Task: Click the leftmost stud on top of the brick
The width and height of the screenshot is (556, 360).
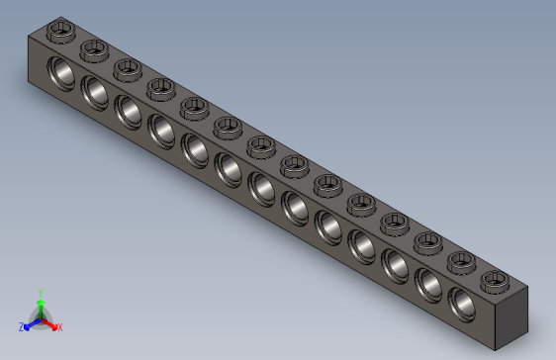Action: click(x=62, y=30)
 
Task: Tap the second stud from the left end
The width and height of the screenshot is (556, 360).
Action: click(x=95, y=48)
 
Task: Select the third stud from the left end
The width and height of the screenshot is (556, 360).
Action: click(x=128, y=68)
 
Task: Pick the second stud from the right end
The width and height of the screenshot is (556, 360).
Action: click(x=461, y=261)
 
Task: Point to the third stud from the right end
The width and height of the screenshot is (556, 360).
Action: click(x=428, y=241)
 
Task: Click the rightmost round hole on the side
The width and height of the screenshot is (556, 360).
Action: click(x=461, y=300)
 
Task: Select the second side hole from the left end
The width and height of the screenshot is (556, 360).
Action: click(x=95, y=92)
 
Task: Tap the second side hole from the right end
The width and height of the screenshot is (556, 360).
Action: click(x=428, y=282)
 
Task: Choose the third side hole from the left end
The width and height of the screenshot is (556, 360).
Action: click(x=128, y=111)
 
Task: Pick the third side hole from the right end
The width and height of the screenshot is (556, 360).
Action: click(x=395, y=262)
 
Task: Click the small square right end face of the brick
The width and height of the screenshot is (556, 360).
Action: click(x=508, y=319)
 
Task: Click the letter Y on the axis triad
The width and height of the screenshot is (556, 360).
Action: click(x=40, y=293)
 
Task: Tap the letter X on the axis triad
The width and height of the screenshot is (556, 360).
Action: click(x=59, y=327)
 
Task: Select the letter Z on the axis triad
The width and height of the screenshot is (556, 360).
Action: click(x=22, y=326)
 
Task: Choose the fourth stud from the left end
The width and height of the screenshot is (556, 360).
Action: click(x=160, y=87)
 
